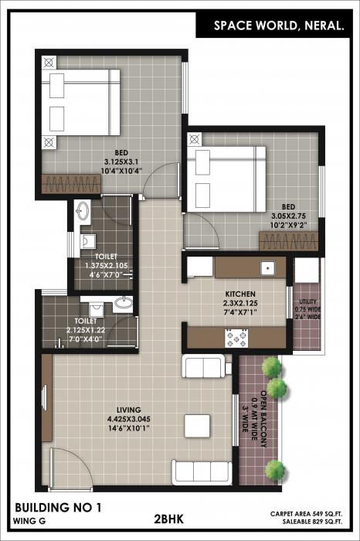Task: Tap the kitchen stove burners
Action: click(235, 338)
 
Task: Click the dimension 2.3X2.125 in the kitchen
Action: click(239, 304)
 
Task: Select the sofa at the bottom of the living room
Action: click(201, 471)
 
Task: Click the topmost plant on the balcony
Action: click(270, 366)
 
